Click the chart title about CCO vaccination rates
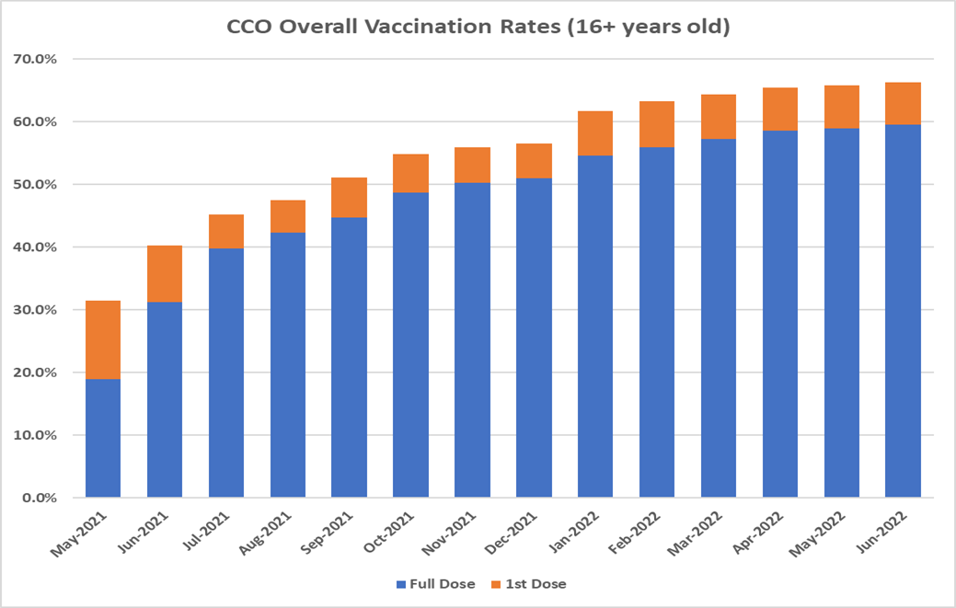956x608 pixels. point(478,28)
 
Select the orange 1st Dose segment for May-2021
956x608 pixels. point(103,339)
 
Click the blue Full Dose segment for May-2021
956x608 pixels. point(103,438)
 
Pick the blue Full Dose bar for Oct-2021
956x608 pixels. point(410,345)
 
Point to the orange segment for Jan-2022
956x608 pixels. point(595,133)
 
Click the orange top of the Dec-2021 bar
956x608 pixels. point(534,161)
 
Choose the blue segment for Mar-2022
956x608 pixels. point(719,318)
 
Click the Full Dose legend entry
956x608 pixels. point(434,584)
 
